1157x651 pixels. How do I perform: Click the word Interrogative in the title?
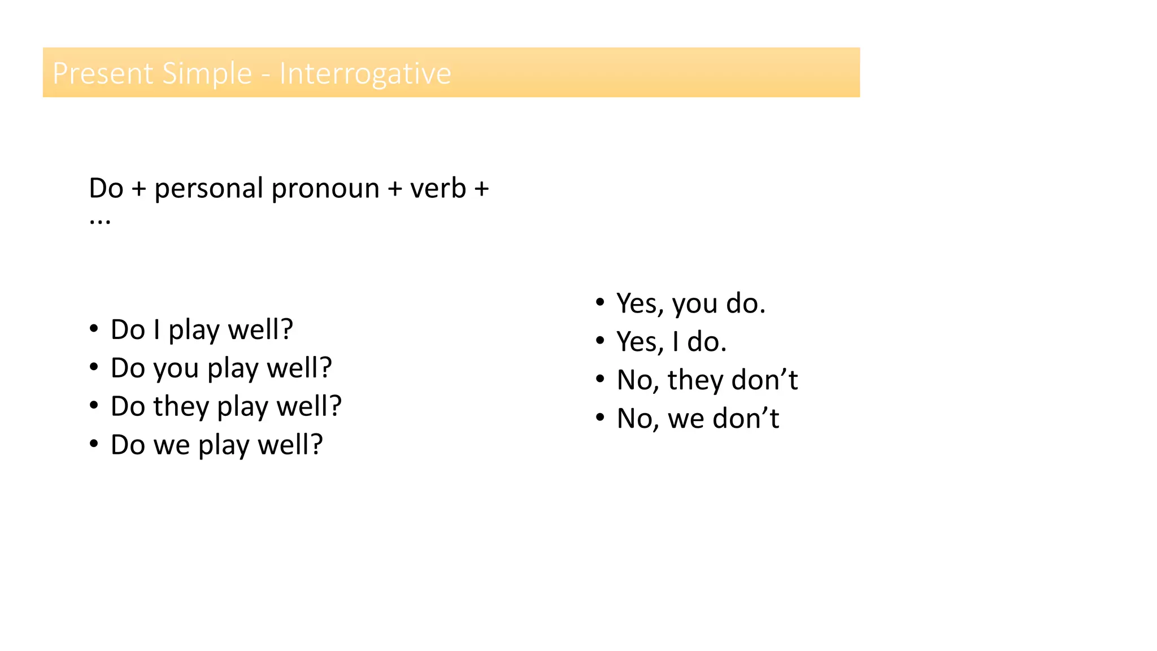365,73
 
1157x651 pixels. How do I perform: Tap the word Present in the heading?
103,73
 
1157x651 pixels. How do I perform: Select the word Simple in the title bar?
206,73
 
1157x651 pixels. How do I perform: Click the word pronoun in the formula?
325,189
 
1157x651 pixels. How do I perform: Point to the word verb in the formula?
438,188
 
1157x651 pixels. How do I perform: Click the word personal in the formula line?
208,189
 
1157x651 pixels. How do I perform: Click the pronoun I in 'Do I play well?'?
156,329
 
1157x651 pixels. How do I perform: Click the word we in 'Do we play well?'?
172,445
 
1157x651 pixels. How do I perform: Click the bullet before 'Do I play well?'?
94,328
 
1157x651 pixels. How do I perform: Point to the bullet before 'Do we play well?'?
94,444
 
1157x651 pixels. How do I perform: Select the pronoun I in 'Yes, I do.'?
675,342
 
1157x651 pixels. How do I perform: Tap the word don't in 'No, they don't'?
764,380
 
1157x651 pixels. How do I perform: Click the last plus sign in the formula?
481,189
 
